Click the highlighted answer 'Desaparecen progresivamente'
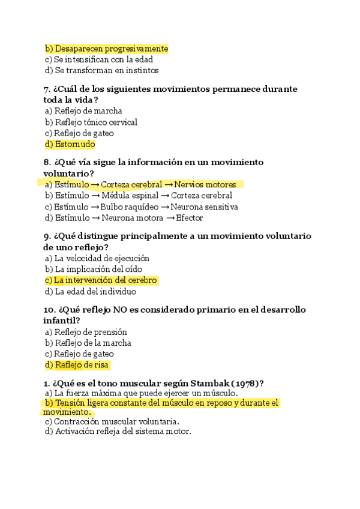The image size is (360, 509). click(111, 49)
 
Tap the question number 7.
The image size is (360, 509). click(47, 89)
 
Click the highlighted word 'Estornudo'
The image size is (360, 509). click(75, 144)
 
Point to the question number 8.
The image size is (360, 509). click(47, 162)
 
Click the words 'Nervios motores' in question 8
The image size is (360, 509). click(205, 184)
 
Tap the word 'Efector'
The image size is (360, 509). click(189, 218)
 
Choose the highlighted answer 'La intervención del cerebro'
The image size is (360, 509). click(105, 280)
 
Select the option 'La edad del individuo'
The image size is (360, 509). click(95, 292)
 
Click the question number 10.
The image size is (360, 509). click(49, 310)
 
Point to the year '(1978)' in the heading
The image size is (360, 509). click(246, 383)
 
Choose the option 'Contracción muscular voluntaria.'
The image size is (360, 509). click(116, 421)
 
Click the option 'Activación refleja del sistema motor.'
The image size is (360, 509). click(122, 431)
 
